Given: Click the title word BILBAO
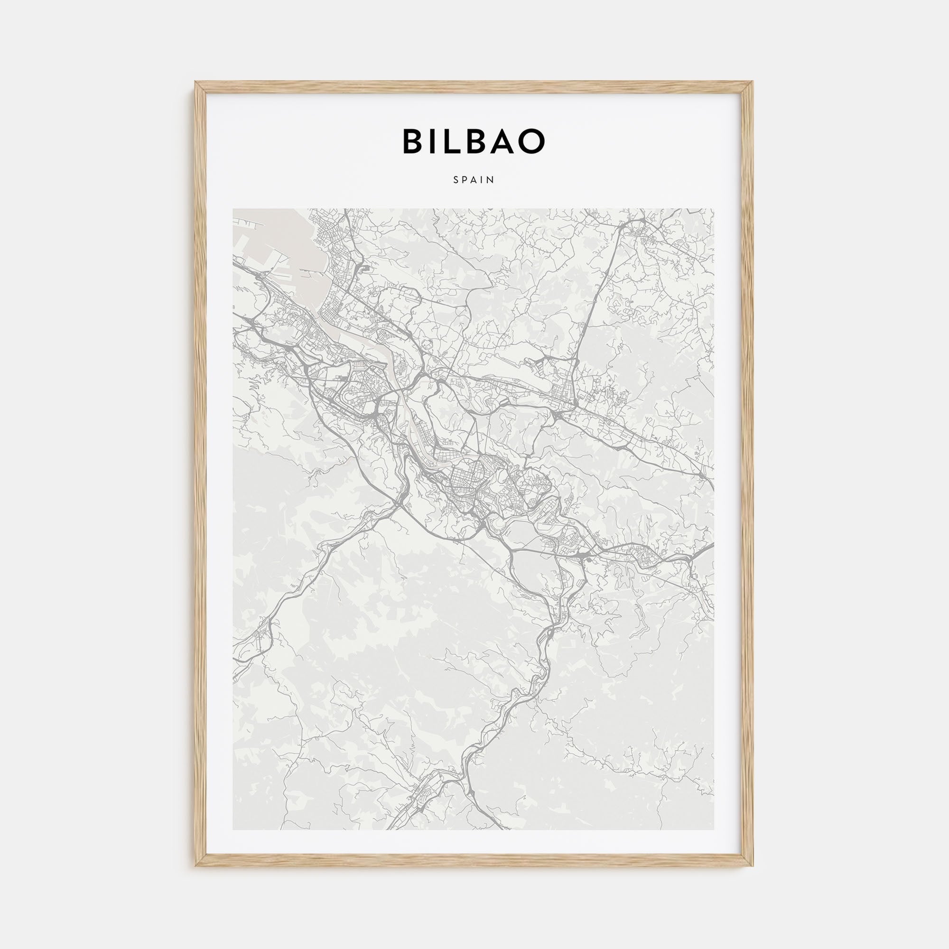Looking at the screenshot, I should [474, 141].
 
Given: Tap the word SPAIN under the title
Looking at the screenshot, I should [474, 180].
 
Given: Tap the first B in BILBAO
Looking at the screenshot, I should [413, 141].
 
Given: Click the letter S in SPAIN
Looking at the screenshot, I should [456, 180].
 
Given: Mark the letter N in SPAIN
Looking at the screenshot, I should [491, 180].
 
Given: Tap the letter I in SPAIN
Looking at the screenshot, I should [483, 180].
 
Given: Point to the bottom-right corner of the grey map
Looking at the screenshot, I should [714, 829].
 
